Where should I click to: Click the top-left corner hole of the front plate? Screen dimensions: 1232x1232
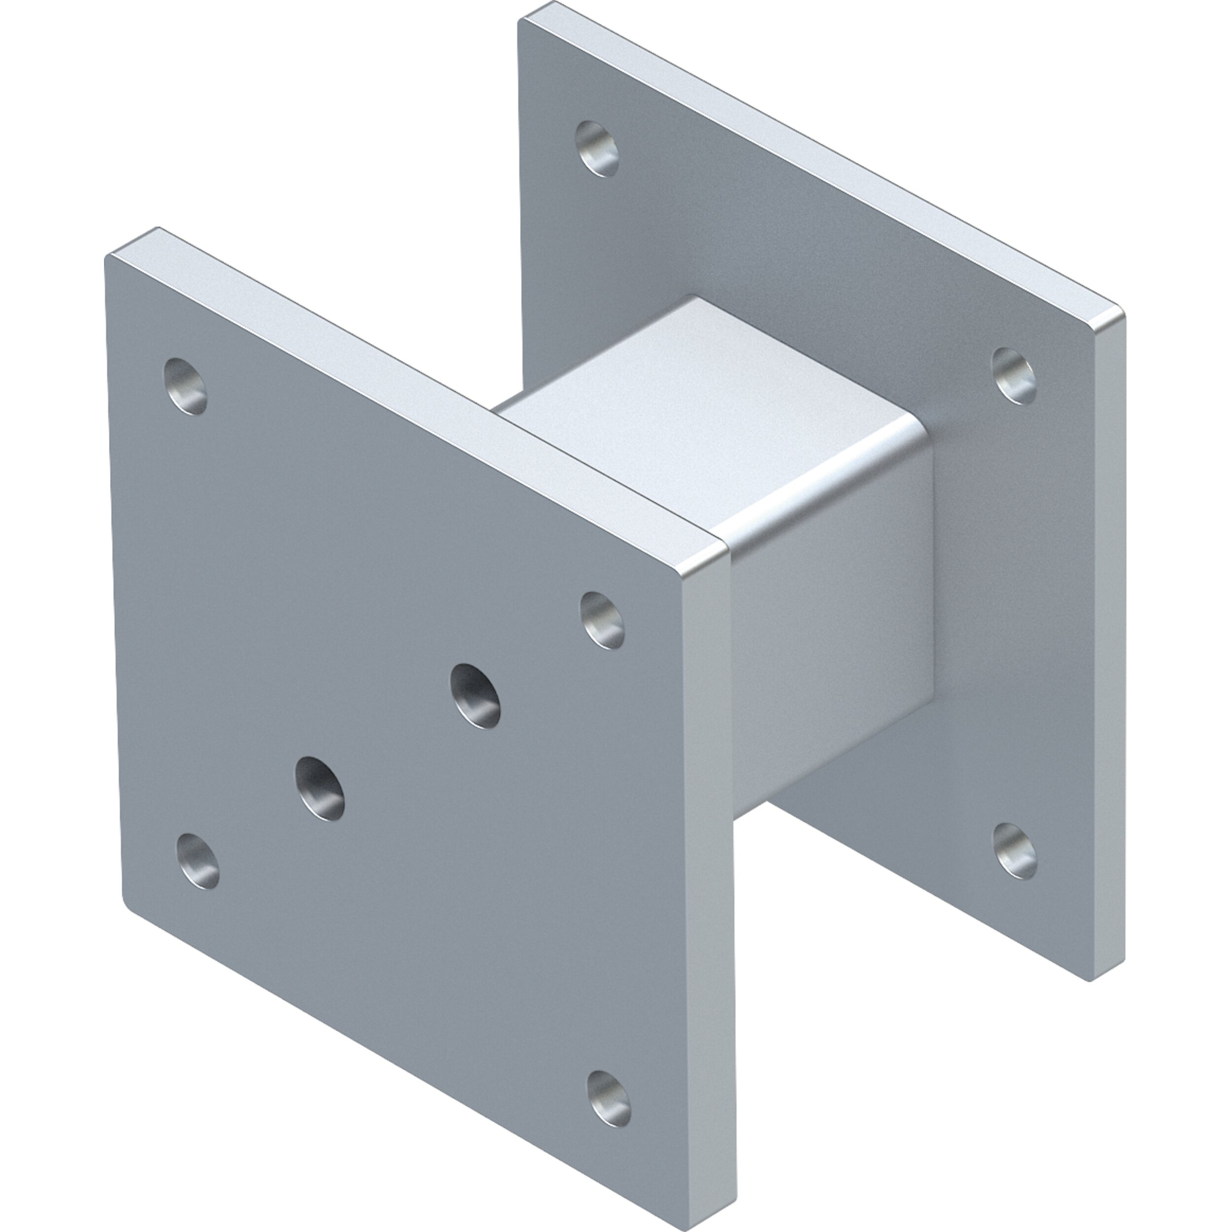(186, 386)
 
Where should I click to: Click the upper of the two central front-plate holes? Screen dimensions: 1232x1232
(475, 694)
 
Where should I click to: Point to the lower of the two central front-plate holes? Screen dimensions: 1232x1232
(319, 787)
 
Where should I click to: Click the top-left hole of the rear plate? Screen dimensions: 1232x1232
(597, 149)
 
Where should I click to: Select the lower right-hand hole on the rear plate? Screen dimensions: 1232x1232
(1015, 853)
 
